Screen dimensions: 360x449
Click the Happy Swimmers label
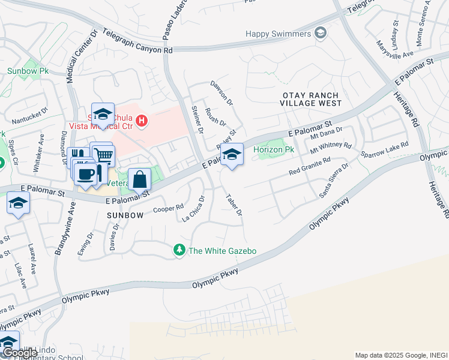click(x=279, y=34)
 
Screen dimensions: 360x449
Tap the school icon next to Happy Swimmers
click(x=321, y=33)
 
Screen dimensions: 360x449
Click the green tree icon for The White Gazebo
click(x=178, y=250)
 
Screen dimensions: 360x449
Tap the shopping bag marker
click(x=139, y=179)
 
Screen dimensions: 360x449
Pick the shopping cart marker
click(x=103, y=155)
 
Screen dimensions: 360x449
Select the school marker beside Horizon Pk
click(x=232, y=155)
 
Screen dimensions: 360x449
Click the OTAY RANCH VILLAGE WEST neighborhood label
click(x=310, y=100)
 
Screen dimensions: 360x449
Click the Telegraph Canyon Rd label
click(x=137, y=42)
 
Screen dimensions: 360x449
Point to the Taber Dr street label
click(x=234, y=205)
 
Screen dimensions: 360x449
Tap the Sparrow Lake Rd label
click(x=384, y=151)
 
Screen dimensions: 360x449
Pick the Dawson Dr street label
click(x=221, y=92)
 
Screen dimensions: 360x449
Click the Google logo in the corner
click(x=19, y=353)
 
